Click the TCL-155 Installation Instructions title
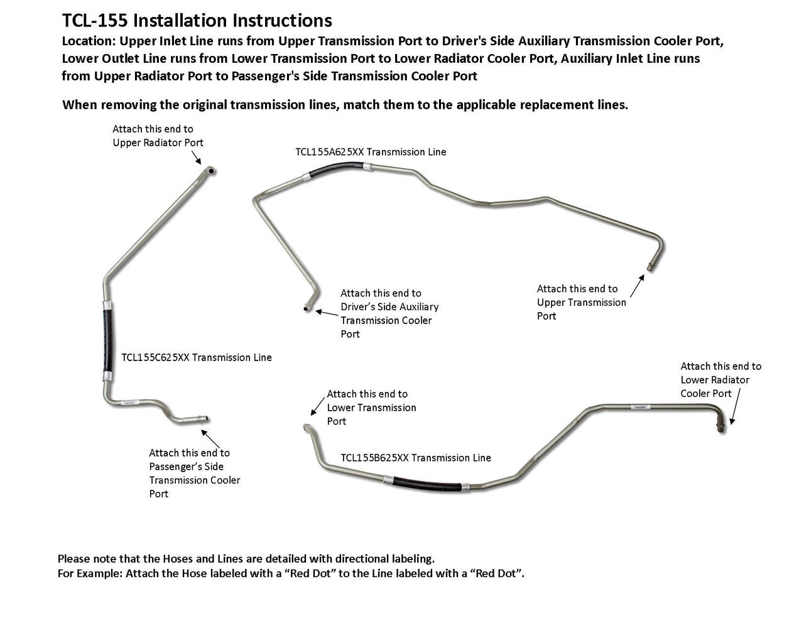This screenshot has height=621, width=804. coord(197,21)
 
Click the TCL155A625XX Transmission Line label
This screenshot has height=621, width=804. coord(371,152)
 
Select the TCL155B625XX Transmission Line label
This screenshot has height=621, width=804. coord(415,458)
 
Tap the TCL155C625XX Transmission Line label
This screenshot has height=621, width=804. coord(196,357)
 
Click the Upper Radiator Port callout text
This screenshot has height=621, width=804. coord(158,136)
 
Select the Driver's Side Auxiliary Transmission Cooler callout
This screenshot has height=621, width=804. coord(389,313)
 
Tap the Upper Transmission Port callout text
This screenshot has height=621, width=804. coord(581,302)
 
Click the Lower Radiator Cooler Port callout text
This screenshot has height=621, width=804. coord(720,379)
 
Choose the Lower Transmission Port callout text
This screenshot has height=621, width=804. coord(371,408)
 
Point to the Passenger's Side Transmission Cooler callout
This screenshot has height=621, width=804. coord(194,473)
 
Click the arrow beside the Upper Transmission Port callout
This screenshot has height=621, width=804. coord(636,285)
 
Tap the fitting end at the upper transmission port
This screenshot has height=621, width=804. coord(651,266)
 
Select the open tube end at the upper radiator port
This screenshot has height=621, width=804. coord(212,170)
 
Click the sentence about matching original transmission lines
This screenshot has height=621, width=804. coord(345,105)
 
